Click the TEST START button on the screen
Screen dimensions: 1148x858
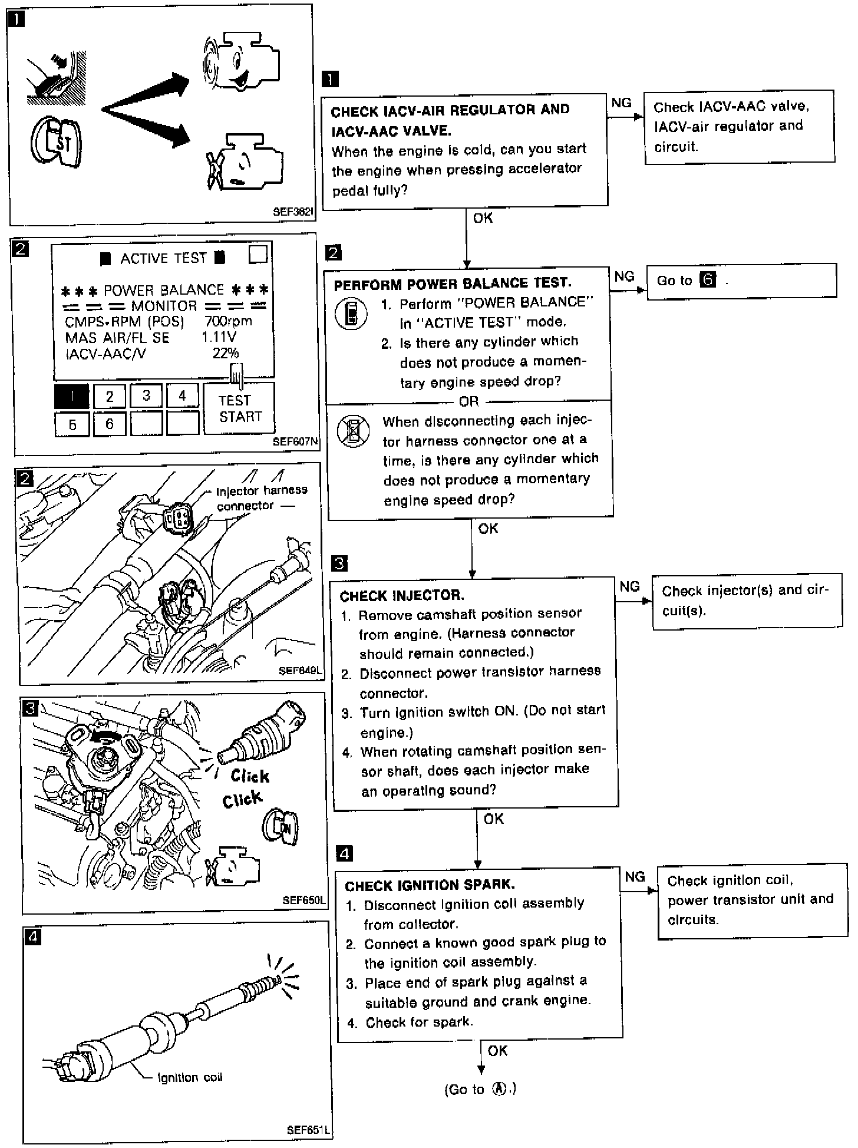click(x=239, y=408)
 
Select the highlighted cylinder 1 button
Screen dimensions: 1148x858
click(x=72, y=396)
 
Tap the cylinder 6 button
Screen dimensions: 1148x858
click(x=109, y=424)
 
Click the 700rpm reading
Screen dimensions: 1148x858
click(x=228, y=322)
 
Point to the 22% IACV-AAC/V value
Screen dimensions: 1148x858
click(x=226, y=353)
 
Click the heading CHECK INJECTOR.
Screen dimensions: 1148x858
click(x=401, y=596)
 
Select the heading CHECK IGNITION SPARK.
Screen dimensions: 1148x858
click(x=430, y=885)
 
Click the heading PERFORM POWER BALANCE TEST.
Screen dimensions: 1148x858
click(x=452, y=284)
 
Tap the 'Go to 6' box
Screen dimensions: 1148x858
click(x=741, y=281)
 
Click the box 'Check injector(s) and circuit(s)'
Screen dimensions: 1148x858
click(x=746, y=601)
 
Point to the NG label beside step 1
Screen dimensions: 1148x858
click(x=621, y=103)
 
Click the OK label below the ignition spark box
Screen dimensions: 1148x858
click(x=497, y=1051)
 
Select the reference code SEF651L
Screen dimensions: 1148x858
click(x=308, y=1130)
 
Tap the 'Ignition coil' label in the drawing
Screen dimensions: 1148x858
click(x=190, y=1077)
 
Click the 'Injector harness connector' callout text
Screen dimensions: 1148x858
click(x=261, y=498)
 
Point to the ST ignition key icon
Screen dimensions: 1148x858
click(x=56, y=142)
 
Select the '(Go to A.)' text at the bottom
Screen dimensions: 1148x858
click(x=480, y=1089)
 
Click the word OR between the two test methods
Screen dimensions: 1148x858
click(x=468, y=401)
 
